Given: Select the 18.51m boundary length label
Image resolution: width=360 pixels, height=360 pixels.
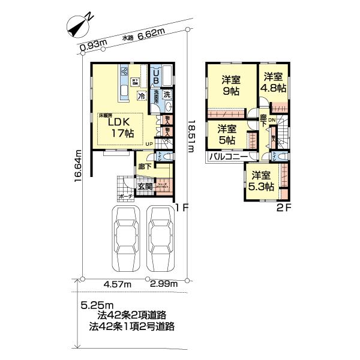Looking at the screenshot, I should tap(191, 137).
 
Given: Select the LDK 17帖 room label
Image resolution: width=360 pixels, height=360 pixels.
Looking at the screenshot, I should tap(120, 127).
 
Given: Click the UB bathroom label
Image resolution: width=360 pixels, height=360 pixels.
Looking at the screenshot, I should tap(155, 76).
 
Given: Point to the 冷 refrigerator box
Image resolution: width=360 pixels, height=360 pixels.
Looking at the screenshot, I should tap(141, 95).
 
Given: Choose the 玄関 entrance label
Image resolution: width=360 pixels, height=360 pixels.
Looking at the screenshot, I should tap(145, 185).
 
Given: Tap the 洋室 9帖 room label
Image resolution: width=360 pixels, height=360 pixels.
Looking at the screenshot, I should tap(229, 86).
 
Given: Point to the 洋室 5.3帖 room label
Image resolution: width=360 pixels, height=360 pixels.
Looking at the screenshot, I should tap(261, 181).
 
